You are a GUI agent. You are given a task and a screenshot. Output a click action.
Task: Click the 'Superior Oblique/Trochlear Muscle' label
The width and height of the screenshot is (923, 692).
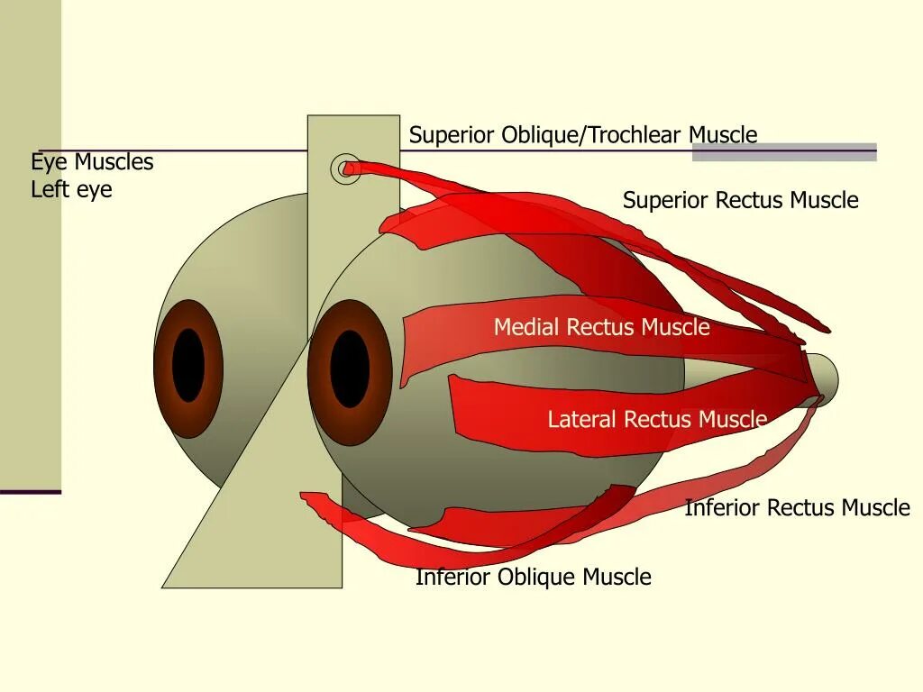[x=582, y=135]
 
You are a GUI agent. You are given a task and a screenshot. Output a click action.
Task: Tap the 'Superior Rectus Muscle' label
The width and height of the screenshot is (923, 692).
[x=740, y=200]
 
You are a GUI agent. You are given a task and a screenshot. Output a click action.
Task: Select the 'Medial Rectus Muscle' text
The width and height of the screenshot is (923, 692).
[x=601, y=327]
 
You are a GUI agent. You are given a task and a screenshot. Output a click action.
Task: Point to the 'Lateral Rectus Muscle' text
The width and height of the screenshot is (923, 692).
[x=657, y=419]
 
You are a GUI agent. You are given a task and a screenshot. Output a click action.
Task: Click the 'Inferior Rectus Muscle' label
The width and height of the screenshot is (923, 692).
[x=797, y=508]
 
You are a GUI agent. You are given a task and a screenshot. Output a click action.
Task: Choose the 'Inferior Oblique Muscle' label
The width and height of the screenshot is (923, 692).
[x=533, y=577]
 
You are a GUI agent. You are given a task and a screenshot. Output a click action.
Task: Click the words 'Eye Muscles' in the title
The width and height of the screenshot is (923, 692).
[x=92, y=162]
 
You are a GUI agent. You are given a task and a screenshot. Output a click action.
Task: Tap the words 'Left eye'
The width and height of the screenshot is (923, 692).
[x=71, y=190]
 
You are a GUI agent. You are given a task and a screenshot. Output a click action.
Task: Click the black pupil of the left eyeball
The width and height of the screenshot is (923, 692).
[x=188, y=365]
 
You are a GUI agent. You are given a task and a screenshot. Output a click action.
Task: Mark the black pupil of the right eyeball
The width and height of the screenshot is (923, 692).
[x=350, y=369]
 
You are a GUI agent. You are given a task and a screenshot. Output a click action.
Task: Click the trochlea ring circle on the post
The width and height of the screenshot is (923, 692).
[x=344, y=168]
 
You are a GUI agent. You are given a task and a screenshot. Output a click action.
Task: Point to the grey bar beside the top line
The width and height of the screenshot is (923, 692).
[x=784, y=152]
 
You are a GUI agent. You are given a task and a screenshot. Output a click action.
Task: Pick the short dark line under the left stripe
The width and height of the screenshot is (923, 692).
[x=30, y=492]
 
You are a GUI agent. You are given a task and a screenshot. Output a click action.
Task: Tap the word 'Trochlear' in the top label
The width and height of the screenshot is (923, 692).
[x=636, y=135]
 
